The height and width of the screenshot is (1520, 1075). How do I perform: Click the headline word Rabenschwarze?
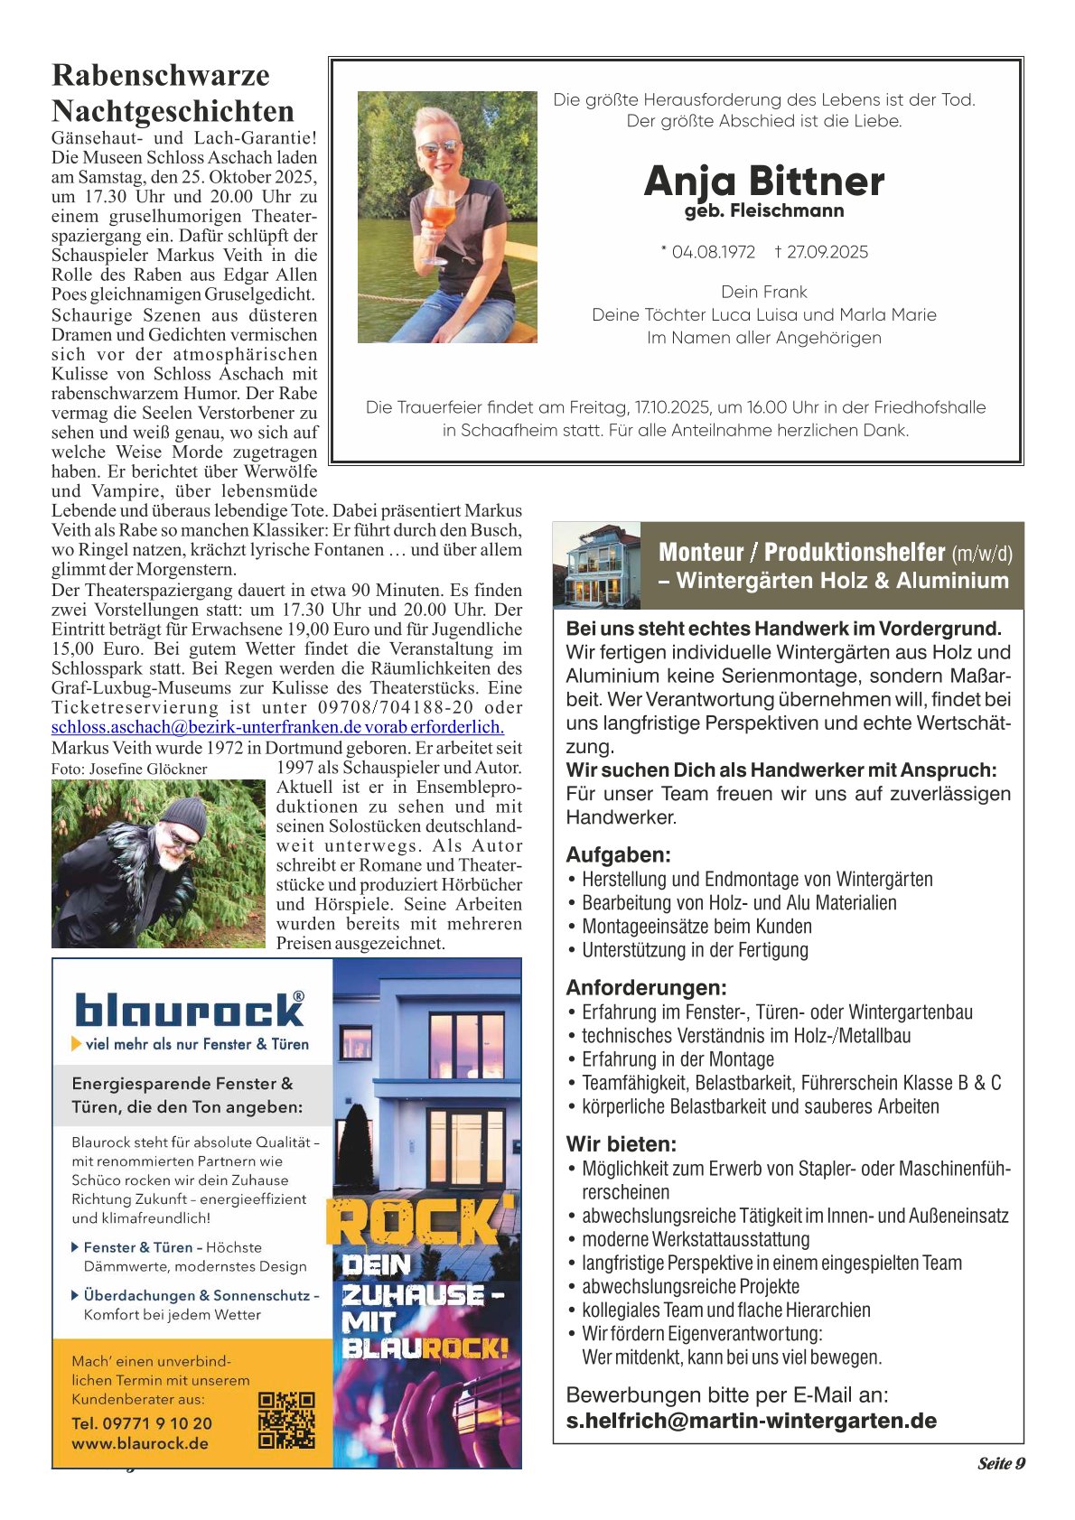(x=161, y=75)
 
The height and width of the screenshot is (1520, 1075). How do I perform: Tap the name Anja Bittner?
(x=764, y=181)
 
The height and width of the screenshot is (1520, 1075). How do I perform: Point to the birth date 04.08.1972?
(x=713, y=252)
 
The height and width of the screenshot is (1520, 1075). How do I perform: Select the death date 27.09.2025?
(x=827, y=252)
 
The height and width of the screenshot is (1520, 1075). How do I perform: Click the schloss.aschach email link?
(x=277, y=727)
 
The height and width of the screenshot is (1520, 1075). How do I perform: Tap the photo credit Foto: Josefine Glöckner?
(x=129, y=769)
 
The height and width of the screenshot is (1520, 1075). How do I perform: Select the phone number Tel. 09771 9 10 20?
(x=142, y=1423)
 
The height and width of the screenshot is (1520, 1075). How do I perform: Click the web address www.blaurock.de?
(x=140, y=1443)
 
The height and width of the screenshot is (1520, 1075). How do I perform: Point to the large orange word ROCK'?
(x=421, y=1222)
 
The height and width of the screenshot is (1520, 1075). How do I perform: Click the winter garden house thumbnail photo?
(x=597, y=565)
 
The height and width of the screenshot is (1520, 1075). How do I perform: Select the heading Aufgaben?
(x=618, y=854)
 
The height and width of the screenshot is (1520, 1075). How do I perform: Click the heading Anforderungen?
(x=646, y=987)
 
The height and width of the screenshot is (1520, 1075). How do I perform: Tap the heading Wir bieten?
(x=621, y=1143)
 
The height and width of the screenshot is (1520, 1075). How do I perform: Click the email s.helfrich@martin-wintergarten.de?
(x=751, y=1421)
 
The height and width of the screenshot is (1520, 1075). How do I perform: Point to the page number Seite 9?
(x=1001, y=1463)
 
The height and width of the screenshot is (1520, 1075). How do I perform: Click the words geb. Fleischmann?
(x=764, y=211)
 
